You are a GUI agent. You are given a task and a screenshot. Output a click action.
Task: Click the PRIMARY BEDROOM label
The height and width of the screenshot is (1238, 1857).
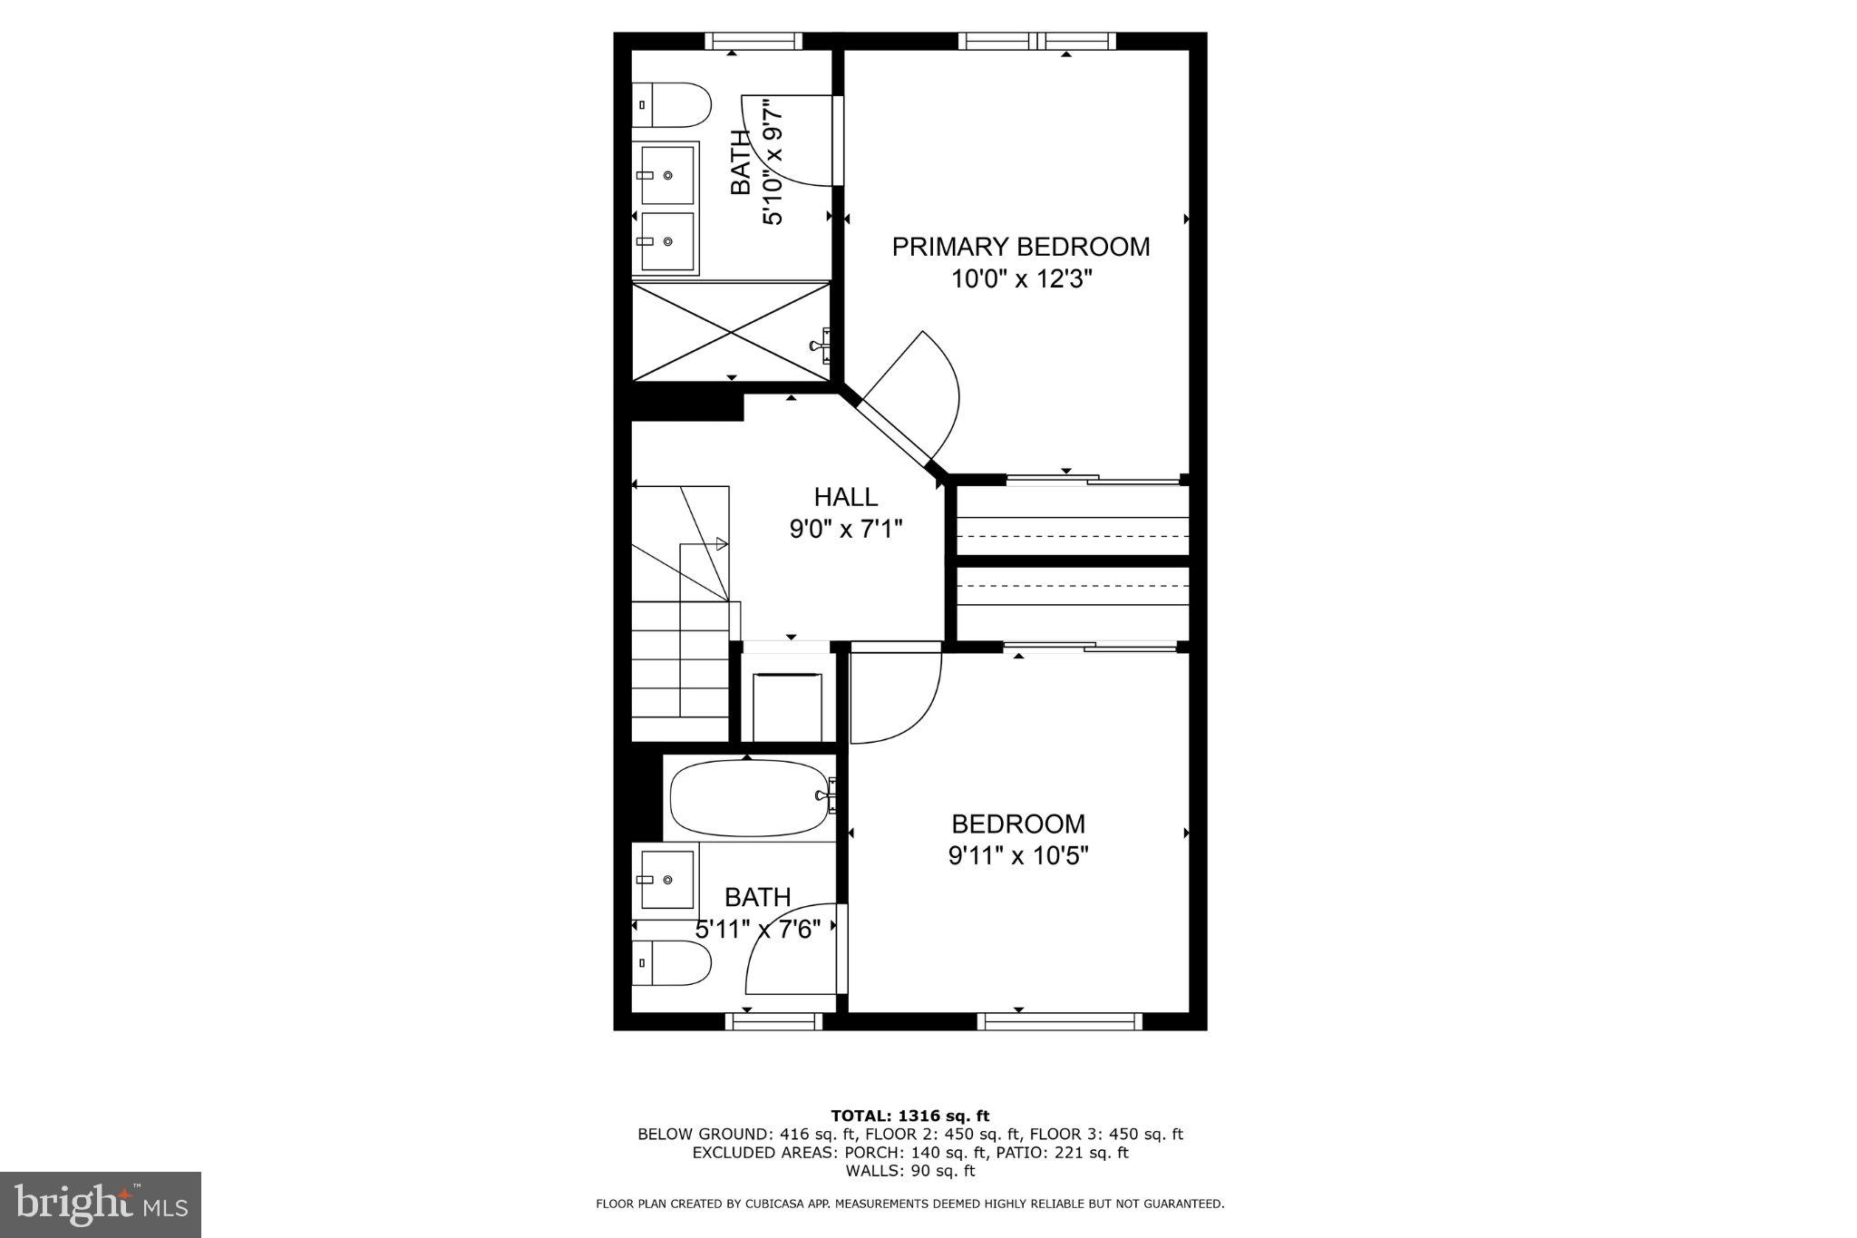coord(1020,247)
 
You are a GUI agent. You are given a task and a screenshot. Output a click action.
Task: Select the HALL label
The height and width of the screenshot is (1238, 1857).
coord(845,497)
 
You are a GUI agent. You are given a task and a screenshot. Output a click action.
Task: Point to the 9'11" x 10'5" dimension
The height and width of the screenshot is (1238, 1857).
coord(1017,855)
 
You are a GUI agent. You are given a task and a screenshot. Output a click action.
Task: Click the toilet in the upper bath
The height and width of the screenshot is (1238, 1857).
coord(671,105)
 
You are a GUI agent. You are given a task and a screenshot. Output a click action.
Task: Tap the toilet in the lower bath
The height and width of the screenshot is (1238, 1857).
coord(671,962)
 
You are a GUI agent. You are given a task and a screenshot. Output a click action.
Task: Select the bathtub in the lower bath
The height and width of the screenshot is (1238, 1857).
coord(749,797)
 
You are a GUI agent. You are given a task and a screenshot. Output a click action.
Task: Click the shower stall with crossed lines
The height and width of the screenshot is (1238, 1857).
coord(731,332)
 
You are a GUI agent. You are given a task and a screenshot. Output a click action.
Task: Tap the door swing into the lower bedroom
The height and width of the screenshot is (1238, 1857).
coord(893,694)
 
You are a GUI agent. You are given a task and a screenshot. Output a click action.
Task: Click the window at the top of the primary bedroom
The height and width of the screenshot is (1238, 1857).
coord(1036,41)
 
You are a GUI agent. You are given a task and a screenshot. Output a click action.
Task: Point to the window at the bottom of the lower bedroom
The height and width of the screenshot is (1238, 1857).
coord(1057,1021)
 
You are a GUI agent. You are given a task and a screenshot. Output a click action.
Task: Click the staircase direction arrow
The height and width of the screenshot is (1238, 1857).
coord(722,544)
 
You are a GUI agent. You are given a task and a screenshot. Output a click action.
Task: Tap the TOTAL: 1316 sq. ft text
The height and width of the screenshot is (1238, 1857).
coord(909,1116)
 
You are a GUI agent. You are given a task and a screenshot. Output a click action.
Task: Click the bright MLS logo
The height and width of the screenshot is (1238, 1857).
coord(101,1204)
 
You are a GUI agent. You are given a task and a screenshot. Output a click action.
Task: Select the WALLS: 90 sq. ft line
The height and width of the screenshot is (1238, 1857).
coord(909,1171)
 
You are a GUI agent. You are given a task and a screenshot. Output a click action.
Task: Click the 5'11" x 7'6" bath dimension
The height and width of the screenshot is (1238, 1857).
coord(758,930)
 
